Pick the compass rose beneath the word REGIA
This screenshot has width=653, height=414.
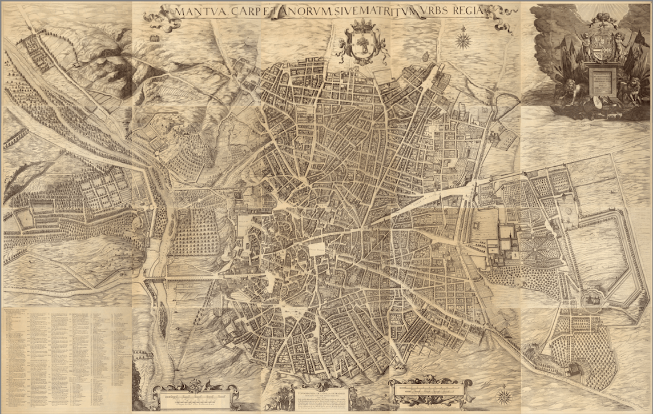(x=463, y=41)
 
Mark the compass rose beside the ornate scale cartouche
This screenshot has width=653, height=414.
(x=504, y=395)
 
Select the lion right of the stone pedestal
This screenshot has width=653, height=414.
(x=631, y=90)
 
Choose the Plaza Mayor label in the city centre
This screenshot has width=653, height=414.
(x=316, y=249)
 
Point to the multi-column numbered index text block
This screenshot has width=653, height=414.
(x=66, y=357)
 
